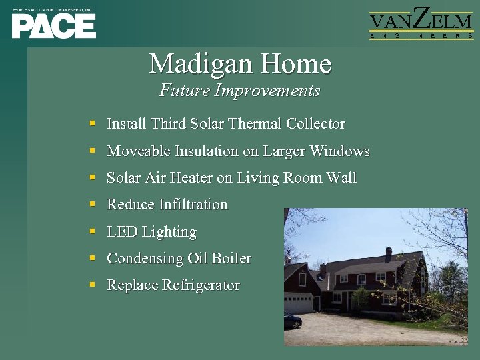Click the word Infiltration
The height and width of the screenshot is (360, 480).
(x=193, y=205)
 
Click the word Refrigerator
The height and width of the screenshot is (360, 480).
(x=201, y=285)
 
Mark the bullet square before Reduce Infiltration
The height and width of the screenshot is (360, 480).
(x=93, y=205)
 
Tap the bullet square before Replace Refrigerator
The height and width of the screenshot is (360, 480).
(x=93, y=285)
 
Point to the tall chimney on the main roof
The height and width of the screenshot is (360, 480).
(x=389, y=254)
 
